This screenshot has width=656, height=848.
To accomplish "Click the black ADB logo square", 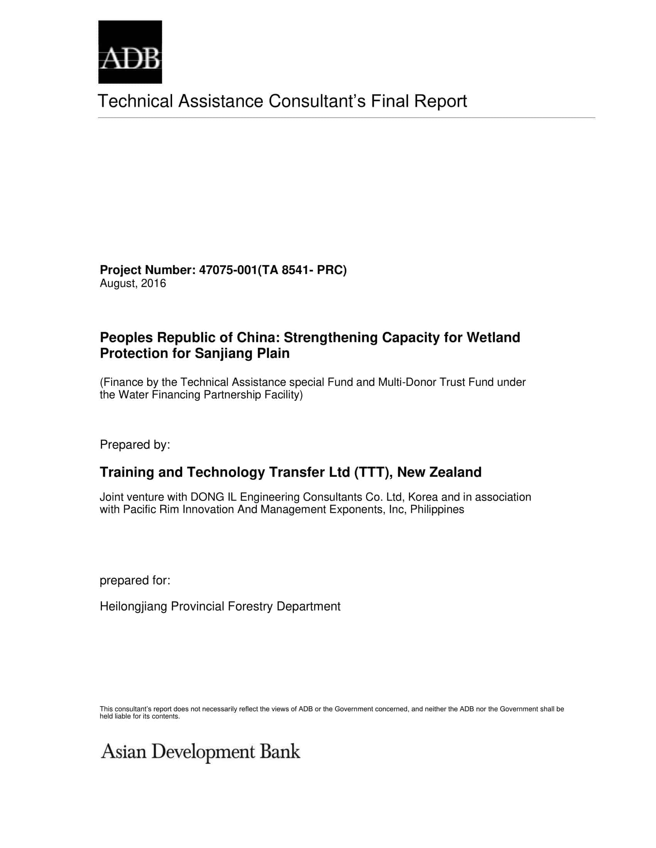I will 130,52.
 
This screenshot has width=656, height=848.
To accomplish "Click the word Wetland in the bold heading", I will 493,337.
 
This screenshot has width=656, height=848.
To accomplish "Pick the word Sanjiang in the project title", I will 223,353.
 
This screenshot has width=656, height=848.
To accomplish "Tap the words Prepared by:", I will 135,444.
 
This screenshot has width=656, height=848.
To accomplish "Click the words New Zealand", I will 439,472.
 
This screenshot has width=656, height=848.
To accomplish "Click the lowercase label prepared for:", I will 135,580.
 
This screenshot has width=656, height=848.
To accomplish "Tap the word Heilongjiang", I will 134,606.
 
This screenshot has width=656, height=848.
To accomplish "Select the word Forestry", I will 250,606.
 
